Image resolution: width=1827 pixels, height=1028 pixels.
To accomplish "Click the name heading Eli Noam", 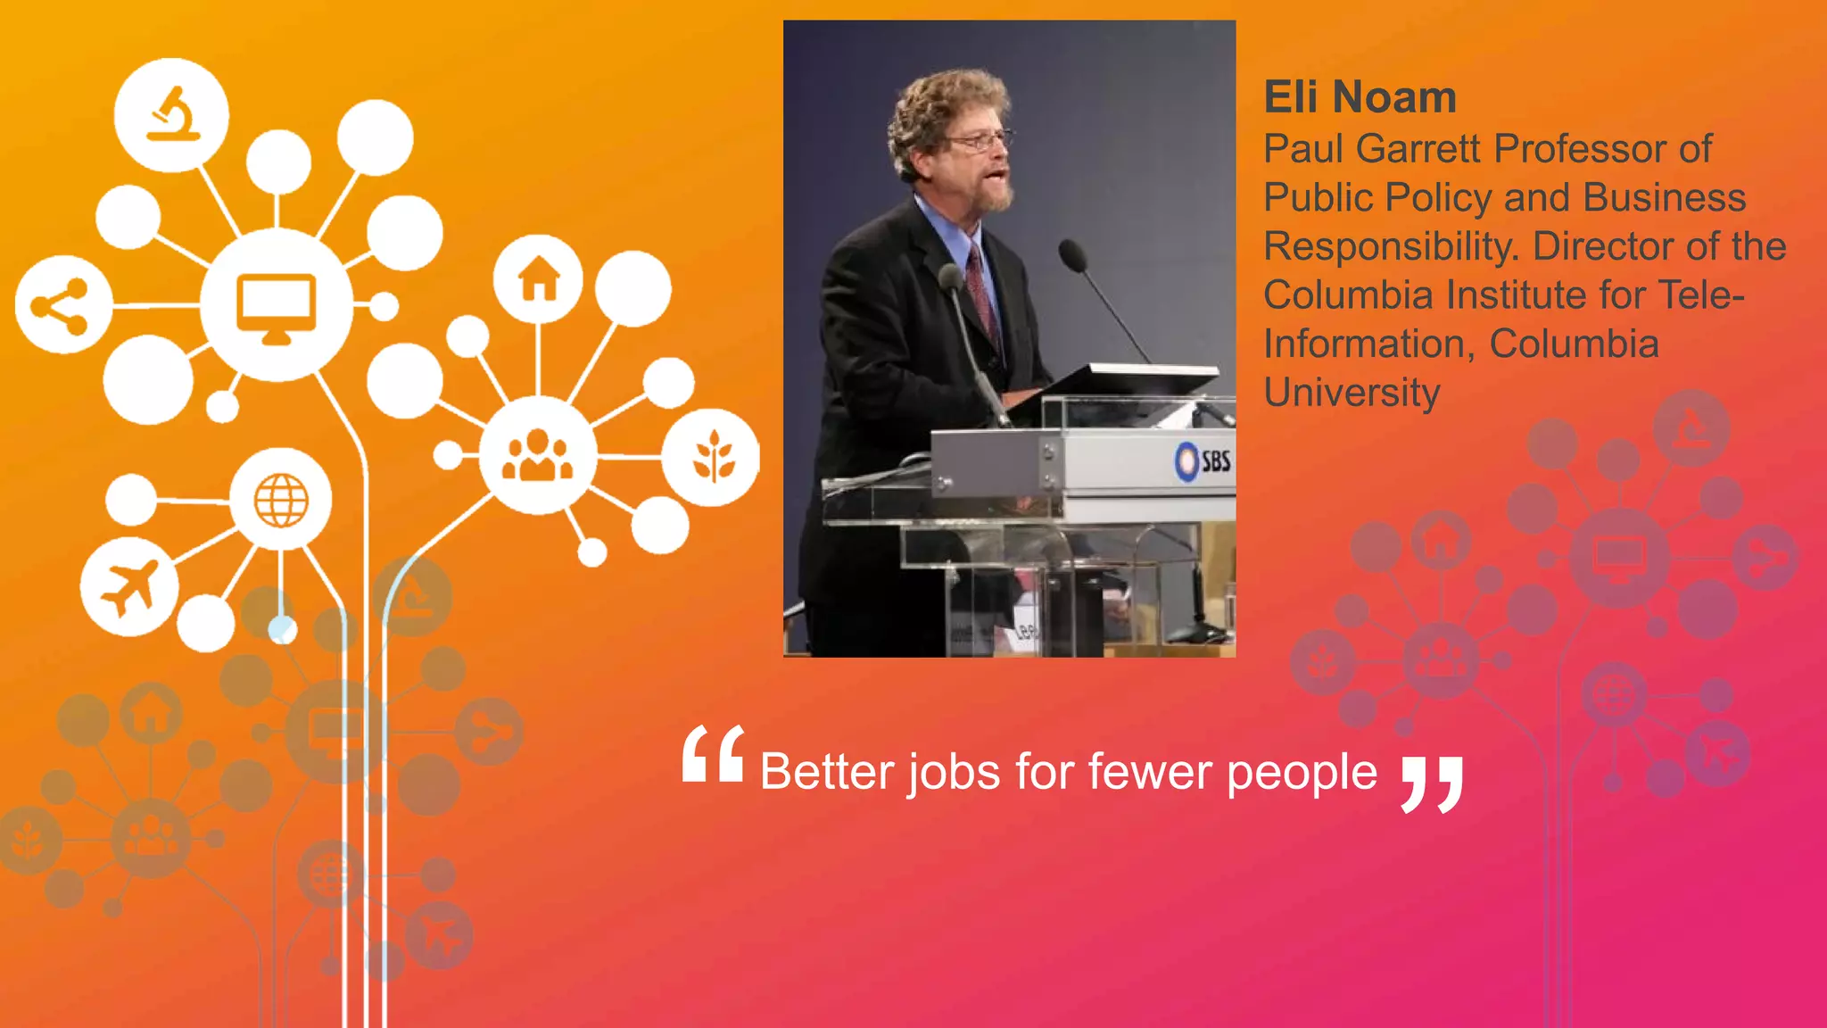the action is [1360, 96].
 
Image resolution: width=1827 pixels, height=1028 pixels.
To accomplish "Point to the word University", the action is [1352, 394].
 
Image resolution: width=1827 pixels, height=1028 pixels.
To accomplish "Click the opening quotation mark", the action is [713, 754].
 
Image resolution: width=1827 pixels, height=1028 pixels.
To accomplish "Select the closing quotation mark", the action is [1431, 784].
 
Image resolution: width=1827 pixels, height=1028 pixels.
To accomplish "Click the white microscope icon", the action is [173, 114].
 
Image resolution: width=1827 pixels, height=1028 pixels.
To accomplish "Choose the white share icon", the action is [60, 306].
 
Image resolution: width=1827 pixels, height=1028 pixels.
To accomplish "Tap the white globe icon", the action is [281, 500].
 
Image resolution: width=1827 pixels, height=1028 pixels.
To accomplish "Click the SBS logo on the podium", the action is [1203, 461].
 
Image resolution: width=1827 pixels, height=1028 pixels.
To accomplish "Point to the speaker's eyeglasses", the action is [980, 140].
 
